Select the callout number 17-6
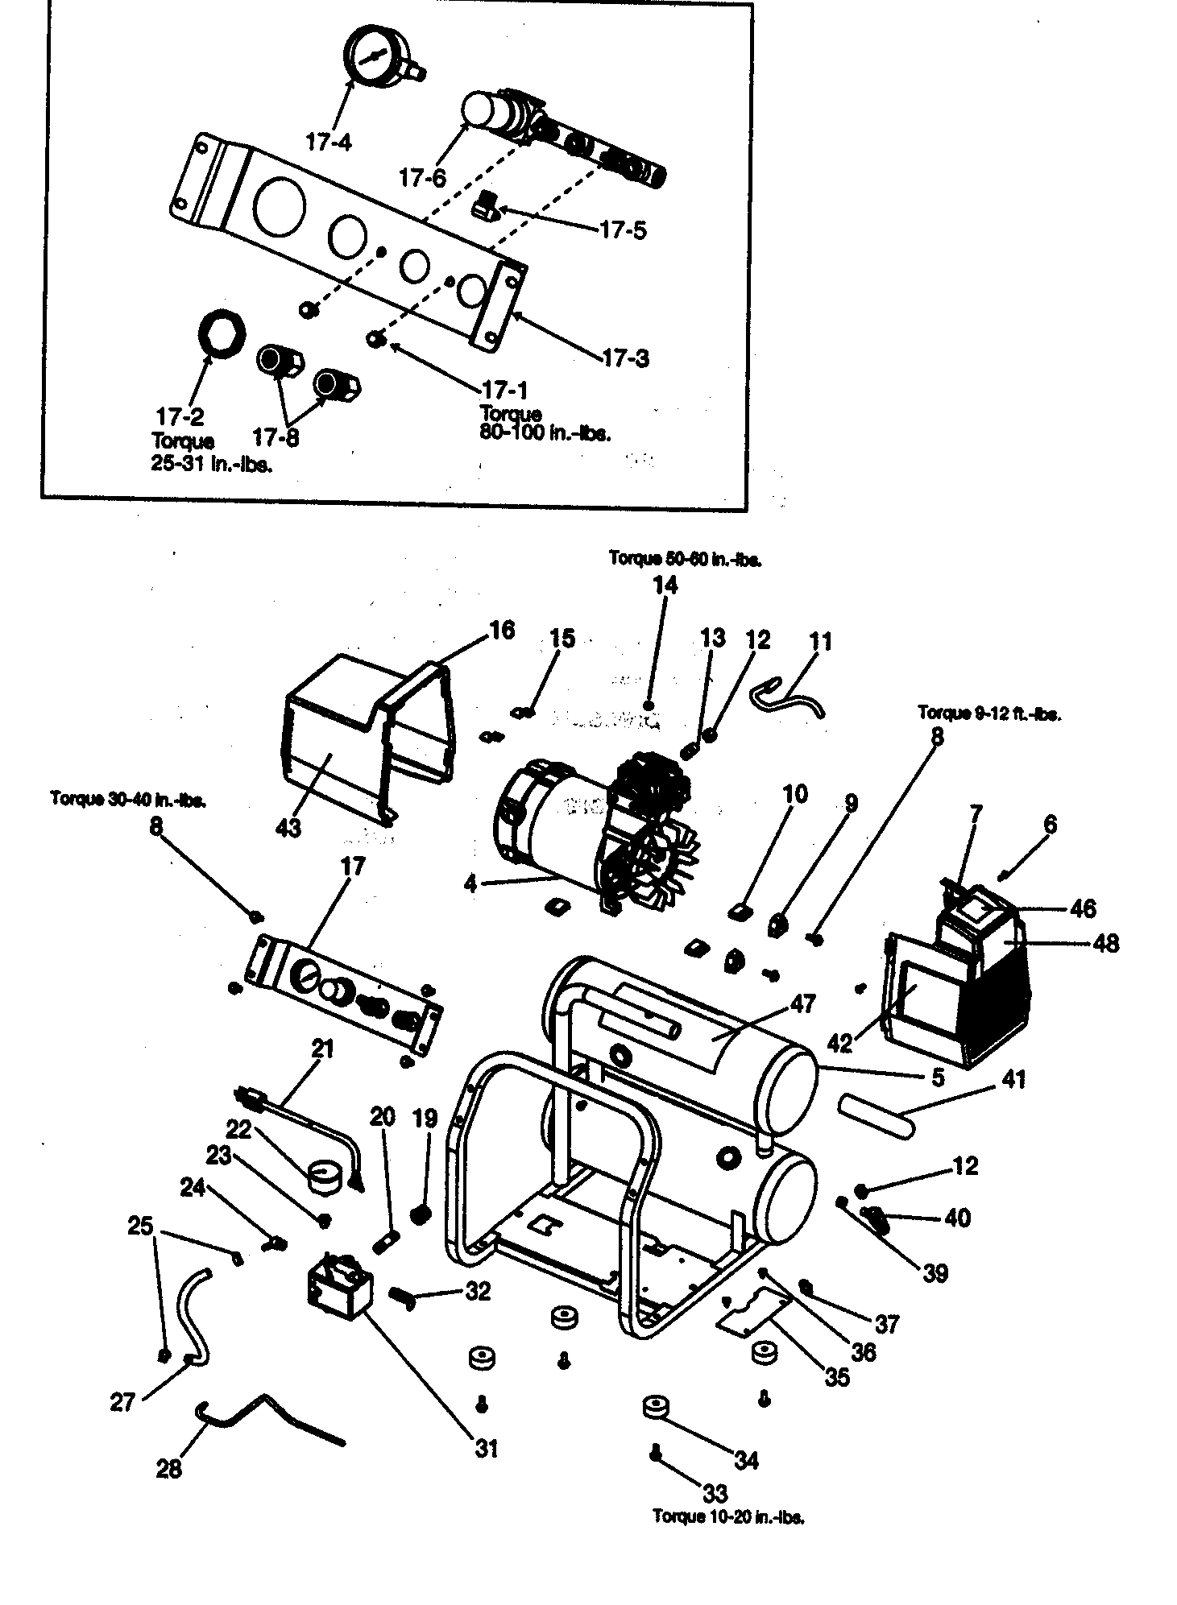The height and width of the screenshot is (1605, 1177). [x=423, y=177]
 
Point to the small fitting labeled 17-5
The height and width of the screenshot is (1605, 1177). [x=486, y=206]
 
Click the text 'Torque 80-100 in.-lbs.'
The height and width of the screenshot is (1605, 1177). [x=545, y=424]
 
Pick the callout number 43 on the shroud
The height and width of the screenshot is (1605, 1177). [x=288, y=826]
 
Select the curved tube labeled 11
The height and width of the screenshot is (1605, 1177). [x=785, y=693]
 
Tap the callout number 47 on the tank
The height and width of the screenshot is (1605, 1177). [x=803, y=1003]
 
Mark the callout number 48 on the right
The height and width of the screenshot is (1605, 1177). [x=1107, y=942]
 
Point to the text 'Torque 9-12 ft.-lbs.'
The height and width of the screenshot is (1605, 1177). [x=989, y=714]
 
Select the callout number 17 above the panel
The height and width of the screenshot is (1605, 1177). [x=353, y=867]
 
